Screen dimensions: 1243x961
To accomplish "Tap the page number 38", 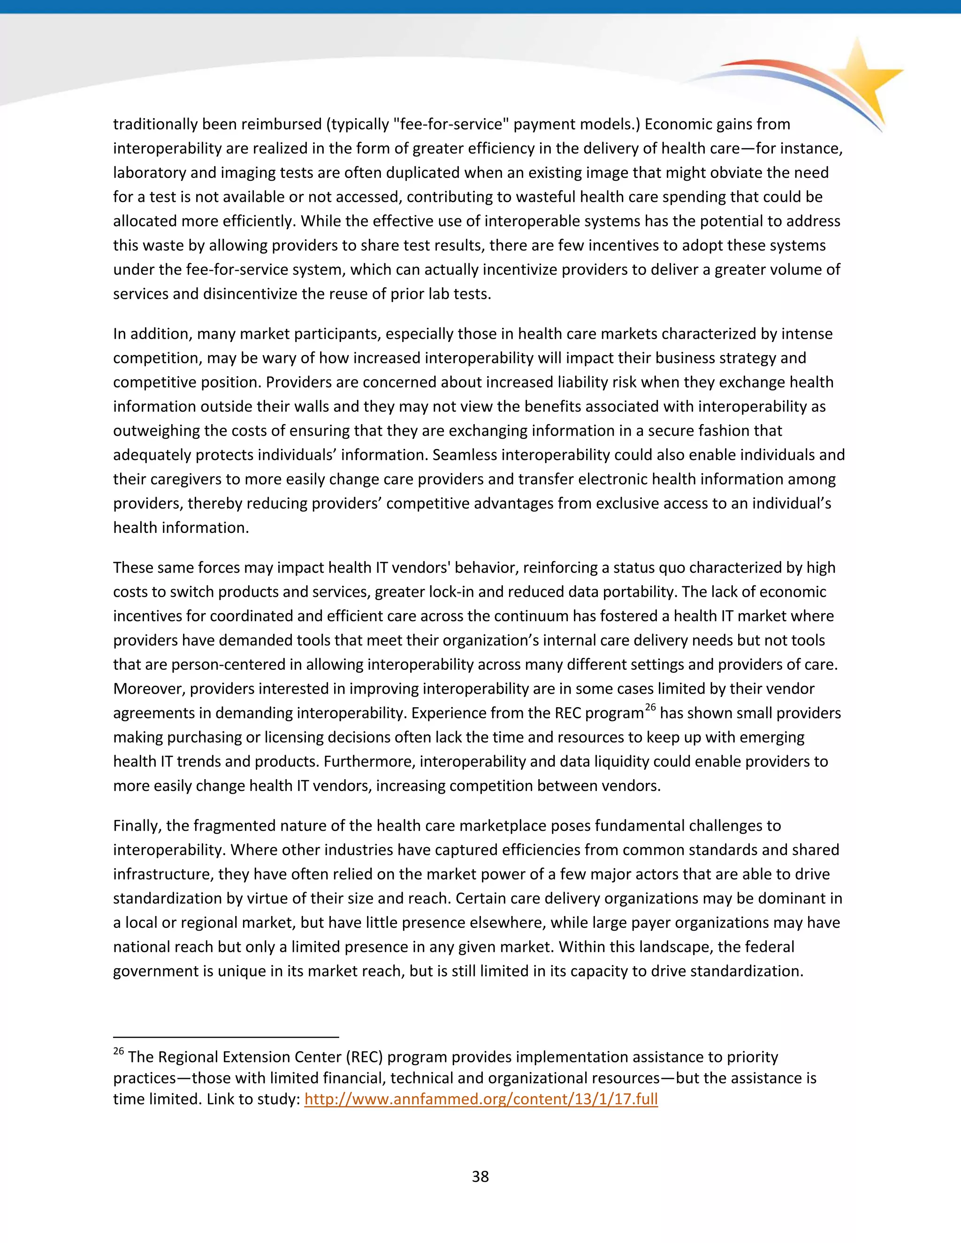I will coord(480,1176).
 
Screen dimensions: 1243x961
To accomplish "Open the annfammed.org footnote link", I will coord(481,1099).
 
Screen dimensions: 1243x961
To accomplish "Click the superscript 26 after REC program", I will coord(650,707).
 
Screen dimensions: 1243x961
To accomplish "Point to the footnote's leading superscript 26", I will coord(118,1051).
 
